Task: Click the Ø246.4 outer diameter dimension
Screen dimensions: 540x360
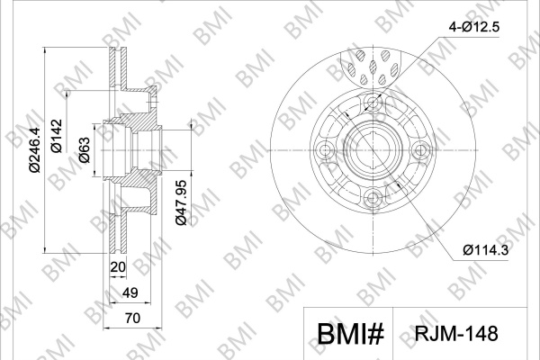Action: pos(35,149)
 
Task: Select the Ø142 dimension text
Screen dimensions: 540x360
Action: pos(56,136)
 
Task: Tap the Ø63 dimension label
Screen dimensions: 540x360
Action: pos(84,150)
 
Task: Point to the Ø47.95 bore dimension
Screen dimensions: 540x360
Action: pos(181,202)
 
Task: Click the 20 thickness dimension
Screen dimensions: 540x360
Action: pos(118,266)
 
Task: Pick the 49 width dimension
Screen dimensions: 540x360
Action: pos(130,292)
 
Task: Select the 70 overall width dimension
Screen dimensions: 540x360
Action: pos(132,318)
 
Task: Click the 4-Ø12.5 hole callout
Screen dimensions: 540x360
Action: pos(473,27)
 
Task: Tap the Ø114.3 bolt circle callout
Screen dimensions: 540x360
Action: pos(486,250)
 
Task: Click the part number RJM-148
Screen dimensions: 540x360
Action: pos(456,334)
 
